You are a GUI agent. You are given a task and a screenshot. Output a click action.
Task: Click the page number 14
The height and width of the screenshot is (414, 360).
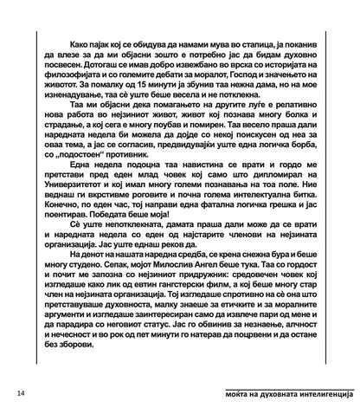click(20, 393)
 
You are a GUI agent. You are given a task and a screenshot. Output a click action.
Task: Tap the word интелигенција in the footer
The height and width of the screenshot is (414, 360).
click(320, 393)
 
